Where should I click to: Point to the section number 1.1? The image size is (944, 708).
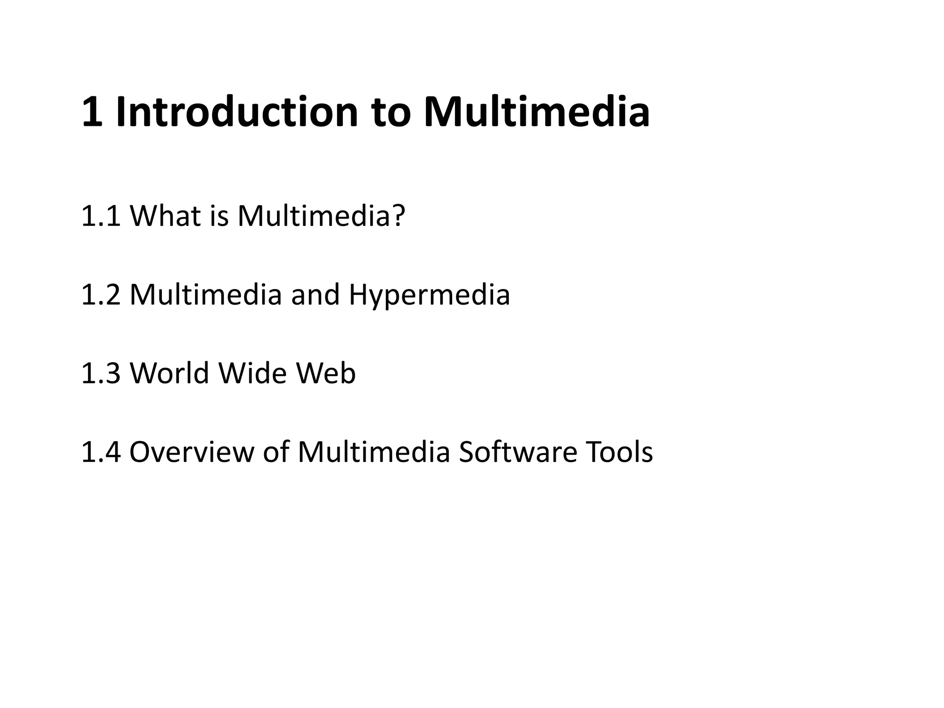click(x=101, y=216)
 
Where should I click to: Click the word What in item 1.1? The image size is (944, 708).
click(x=165, y=216)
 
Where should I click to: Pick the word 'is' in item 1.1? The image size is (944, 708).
click(x=219, y=216)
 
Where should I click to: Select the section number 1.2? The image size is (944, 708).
click(x=101, y=295)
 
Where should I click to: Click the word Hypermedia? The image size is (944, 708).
click(x=429, y=295)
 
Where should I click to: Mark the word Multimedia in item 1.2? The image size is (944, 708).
click(x=206, y=295)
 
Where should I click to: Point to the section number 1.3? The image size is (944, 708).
click(x=101, y=373)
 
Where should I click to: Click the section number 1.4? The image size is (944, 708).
click(x=101, y=452)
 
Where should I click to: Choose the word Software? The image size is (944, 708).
click(x=518, y=452)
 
